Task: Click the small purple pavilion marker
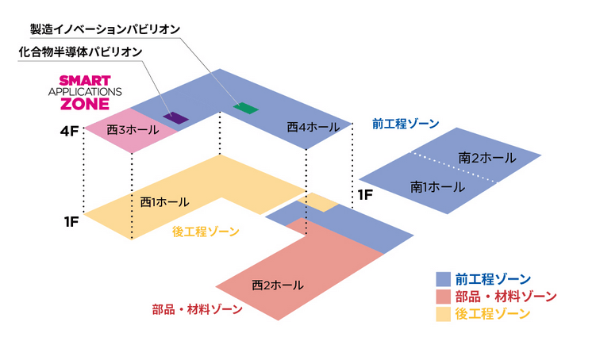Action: (175, 117)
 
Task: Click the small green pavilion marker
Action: (246, 108)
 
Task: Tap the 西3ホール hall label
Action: (133, 130)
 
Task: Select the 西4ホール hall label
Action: (313, 127)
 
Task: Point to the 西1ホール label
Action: (164, 201)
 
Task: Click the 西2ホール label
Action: (278, 285)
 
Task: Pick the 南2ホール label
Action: (487, 158)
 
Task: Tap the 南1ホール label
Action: (437, 187)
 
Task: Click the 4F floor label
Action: (69, 132)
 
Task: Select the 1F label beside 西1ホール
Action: (71, 222)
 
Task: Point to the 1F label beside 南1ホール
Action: (365, 195)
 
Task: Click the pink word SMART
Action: (85, 81)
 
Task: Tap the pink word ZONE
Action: (85, 104)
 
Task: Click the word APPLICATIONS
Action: (85, 92)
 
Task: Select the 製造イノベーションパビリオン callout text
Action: (105, 29)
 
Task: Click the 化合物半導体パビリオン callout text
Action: (81, 52)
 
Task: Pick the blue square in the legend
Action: (443, 279)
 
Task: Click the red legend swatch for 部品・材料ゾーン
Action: (443, 297)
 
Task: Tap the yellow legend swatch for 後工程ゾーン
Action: (443, 314)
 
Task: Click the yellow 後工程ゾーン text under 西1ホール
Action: (206, 232)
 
